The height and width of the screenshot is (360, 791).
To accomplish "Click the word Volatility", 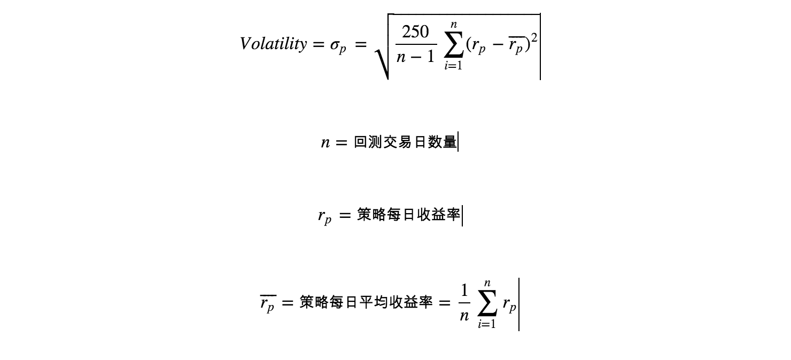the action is pos(273,44).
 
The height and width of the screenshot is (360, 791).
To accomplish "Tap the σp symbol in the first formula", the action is pos(338,46).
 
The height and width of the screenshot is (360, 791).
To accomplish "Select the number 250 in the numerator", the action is pos(415,33).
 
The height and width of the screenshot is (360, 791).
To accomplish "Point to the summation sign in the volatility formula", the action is pos(453,45).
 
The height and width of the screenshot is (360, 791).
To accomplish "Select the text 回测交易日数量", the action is pos(405,143).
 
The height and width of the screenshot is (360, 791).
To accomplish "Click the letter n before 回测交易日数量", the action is pos(325,143).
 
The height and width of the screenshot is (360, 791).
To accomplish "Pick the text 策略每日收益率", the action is pos(408,215).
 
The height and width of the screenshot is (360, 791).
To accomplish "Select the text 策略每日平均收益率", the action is pos(366,303).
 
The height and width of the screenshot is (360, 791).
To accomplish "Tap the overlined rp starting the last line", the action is pos(267,304).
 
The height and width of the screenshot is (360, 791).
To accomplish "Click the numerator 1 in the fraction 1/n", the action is pos(464,291).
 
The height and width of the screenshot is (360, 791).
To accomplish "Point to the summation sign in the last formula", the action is pos(486,304).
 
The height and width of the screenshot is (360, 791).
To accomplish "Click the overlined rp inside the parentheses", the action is pos(515,45).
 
